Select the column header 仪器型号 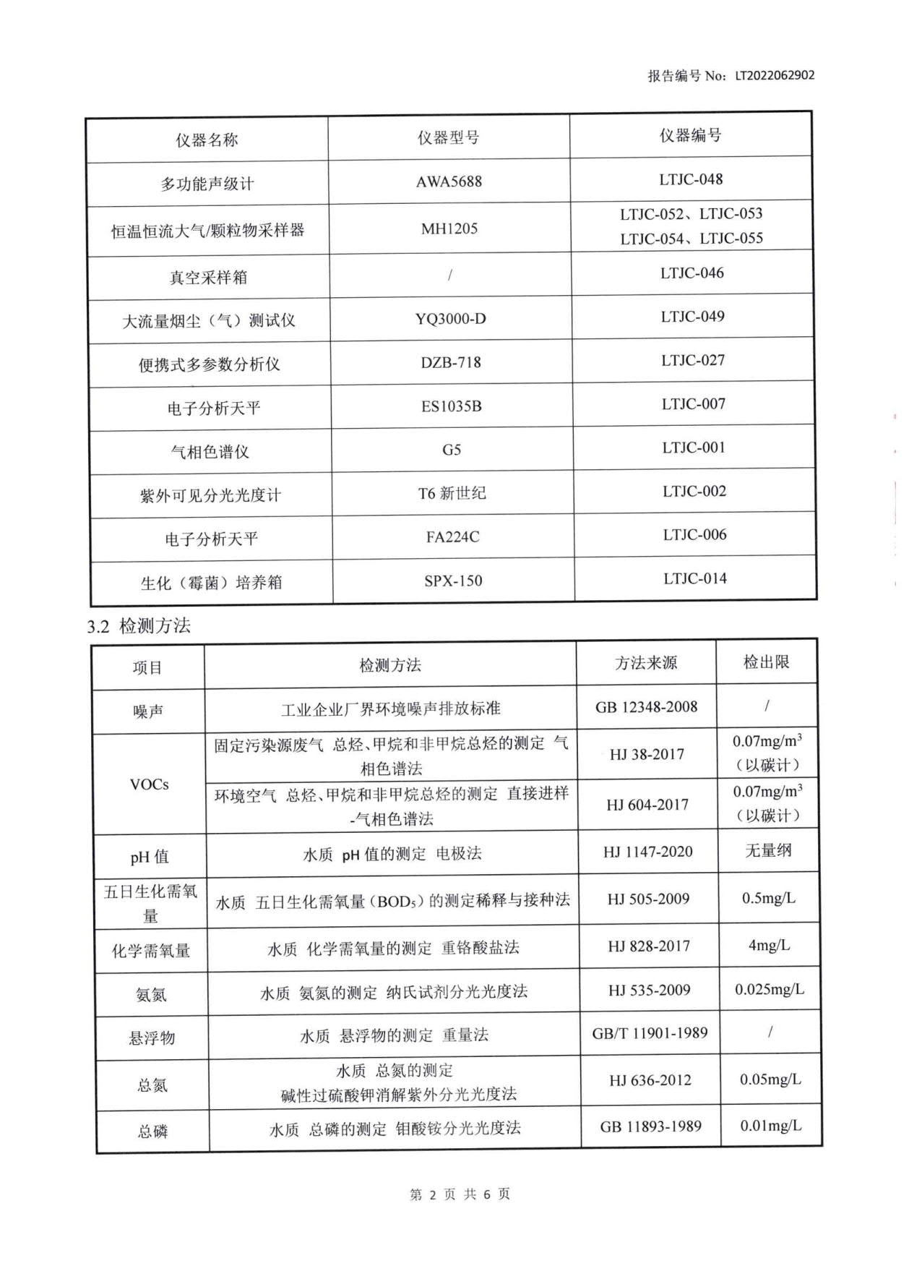pyautogui.click(x=448, y=137)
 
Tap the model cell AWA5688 pyautogui.click(x=449, y=181)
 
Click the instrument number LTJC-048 pyautogui.click(x=691, y=179)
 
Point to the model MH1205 pyautogui.click(x=449, y=228)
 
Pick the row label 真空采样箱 pyautogui.click(x=208, y=277)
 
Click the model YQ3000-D pyautogui.click(x=450, y=319)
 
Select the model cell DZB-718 pyautogui.click(x=451, y=362)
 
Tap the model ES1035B pyautogui.click(x=451, y=406)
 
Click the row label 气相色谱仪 pyautogui.click(x=210, y=452)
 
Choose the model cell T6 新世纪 pyautogui.click(x=452, y=493)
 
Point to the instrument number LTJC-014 pyautogui.click(x=695, y=578)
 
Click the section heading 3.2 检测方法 pyautogui.click(x=139, y=626)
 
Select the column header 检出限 pyautogui.click(x=766, y=662)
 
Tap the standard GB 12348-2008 pyautogui.click(x=646, y=706)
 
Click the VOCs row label pyautogui.click(x=149, y=784)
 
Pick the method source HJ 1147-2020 pyautogui.click(x=647, y=852)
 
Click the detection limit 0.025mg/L pyautogui.click(x=769, y=989)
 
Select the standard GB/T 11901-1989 pyautogui.click(x=650, y=1033)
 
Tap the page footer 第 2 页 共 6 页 pyautogui.click(x=460, y=1194)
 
